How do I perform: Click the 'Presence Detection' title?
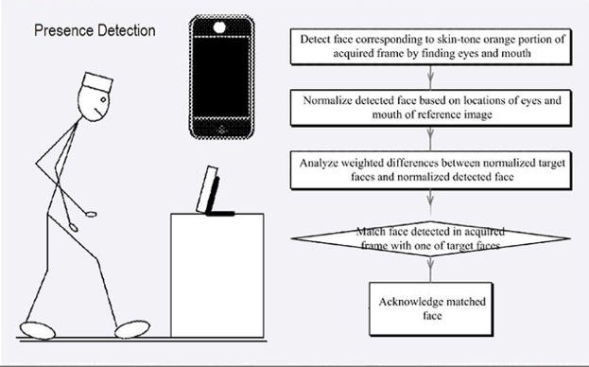click(x=95, y=31)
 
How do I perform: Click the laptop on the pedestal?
click(x=210, y=193)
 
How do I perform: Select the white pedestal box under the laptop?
click(x=217, y=274)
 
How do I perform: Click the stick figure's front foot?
click(x=131, y=328)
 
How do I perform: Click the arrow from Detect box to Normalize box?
click(x=429, y=78)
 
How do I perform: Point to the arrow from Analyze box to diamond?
click(x=429, y=201)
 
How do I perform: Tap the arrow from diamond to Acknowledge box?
click(x=429, y=271)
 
